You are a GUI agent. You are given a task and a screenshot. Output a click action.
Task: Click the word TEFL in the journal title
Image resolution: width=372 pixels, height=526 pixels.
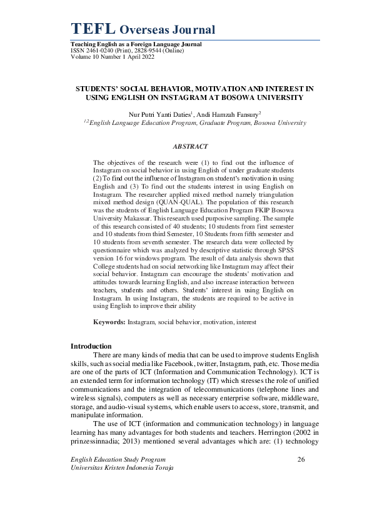coord(93,29)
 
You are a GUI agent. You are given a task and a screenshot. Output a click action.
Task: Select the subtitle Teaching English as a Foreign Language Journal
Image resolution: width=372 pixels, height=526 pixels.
coord(136,44)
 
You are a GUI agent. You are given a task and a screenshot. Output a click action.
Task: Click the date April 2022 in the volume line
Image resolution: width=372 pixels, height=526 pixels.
coord(139,57)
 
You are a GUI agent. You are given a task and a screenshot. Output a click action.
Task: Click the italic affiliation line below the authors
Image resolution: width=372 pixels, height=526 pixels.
coord(194,123)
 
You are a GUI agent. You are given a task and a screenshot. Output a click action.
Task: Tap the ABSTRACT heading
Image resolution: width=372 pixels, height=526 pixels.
coord(190,146)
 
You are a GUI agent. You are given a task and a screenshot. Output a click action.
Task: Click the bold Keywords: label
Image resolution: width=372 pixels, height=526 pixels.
coord(109,322)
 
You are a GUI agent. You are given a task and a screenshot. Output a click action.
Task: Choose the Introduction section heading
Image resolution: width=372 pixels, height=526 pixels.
coord(91,346)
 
